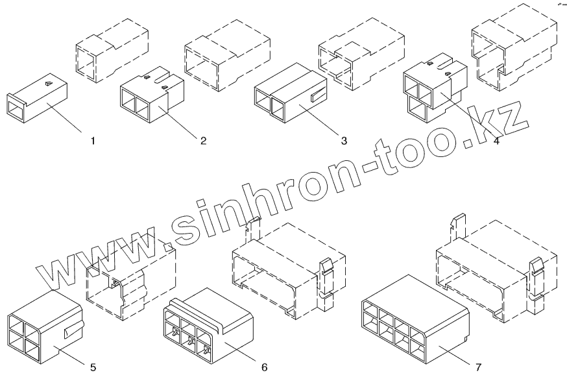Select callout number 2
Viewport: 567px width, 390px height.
click(x=203, y=140)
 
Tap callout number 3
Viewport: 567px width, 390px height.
click(x=344, y=140)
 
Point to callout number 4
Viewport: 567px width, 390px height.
click(x=496, y=141)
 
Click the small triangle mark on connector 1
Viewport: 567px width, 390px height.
click(x=50, y=83)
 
